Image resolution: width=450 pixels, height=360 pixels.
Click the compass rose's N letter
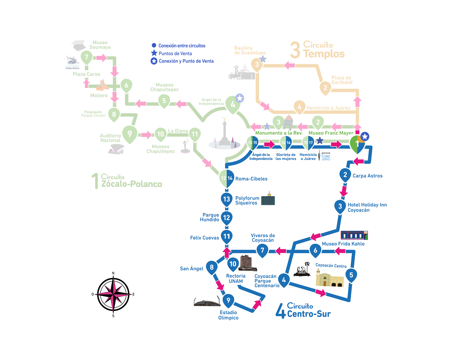(113, 273)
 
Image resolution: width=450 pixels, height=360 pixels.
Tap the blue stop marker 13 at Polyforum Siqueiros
(227, 199)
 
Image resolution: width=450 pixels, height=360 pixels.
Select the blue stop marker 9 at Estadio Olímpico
(228, 300)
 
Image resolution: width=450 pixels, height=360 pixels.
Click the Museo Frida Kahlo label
(343, 244)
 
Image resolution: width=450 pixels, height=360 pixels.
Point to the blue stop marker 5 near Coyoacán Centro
(351, 275)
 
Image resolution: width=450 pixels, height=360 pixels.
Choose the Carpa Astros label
(367, 176)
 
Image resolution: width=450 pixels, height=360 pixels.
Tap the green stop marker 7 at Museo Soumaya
(87, 57)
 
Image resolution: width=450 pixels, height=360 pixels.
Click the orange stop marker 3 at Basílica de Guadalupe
(257, 64)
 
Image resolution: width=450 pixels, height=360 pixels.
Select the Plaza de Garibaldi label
(342, 80)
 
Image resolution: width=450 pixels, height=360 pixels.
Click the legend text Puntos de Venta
(175, 53)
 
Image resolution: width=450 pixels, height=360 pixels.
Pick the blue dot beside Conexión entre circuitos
(154, 45)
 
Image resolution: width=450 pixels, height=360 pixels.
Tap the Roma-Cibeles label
(251, 179)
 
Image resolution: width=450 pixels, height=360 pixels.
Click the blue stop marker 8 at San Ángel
(212, 267)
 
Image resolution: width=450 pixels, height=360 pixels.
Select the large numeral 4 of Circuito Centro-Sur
(281, 311)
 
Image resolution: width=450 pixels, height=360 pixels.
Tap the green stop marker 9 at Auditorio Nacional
(130, 134)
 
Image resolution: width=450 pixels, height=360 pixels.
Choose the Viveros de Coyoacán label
(263, 238)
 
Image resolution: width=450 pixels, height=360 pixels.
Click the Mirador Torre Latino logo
(324, 156)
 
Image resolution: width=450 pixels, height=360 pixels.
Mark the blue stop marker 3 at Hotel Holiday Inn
(340, 206)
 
